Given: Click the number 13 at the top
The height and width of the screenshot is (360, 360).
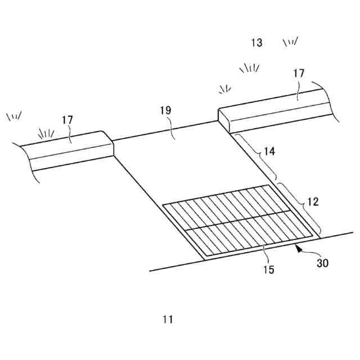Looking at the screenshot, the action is (256, 43).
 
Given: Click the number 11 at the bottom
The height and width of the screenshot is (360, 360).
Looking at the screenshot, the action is (168, 319).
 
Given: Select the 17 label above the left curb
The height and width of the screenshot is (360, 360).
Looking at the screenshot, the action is (67, 120).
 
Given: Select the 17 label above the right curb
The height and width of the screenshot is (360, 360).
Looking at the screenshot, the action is (299, 73).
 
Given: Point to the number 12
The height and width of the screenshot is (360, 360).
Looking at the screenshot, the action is (313, 201).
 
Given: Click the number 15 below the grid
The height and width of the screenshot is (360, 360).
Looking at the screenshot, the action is (268, 269).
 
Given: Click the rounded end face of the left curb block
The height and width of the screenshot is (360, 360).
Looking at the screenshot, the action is (108, 145).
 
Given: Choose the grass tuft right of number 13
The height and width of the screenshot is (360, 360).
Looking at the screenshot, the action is (290, 42).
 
